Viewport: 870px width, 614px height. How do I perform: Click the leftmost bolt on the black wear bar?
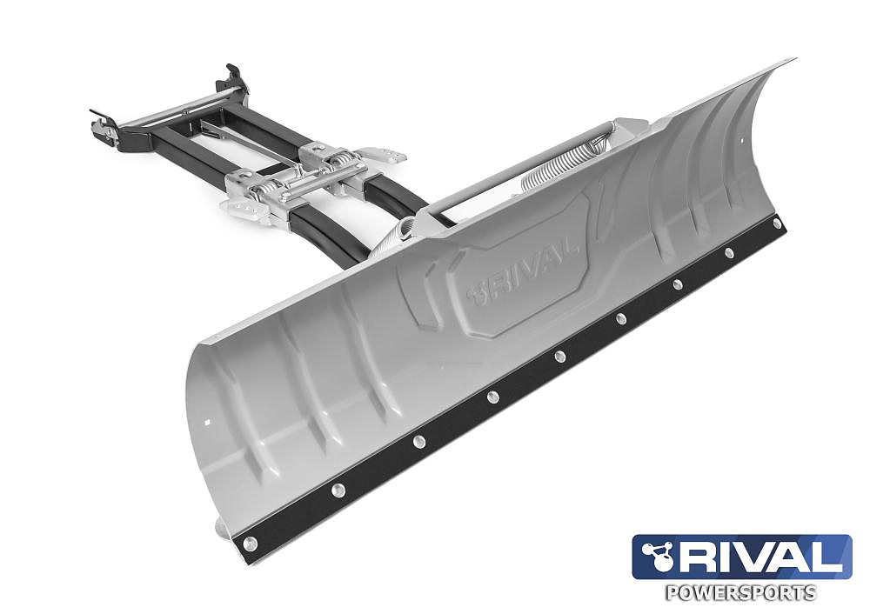[251, 544]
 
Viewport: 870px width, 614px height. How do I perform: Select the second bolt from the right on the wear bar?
[728, 253]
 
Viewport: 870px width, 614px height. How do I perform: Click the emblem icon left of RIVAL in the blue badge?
[655, 557]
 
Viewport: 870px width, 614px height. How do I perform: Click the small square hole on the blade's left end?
[206, 425]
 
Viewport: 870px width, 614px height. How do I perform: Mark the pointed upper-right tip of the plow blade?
[792, 60]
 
